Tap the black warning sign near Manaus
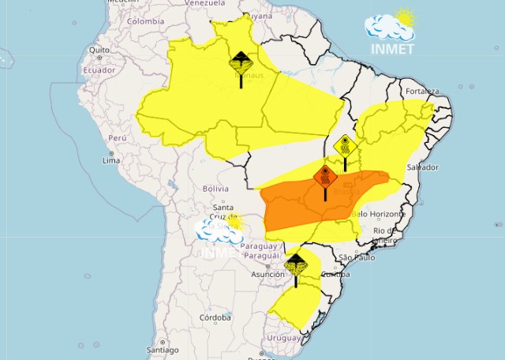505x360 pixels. [x=241, y=62]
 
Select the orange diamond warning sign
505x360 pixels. [x=324, y=176]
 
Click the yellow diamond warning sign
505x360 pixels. [x=345, y=146]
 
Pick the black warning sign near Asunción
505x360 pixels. [x=296, y=264]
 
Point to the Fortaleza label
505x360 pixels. [x=422, y=91]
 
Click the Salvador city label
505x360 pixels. [x=422, y=168]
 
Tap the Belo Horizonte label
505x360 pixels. [x=379, y=214]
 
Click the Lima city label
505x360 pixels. [x=110, y=160]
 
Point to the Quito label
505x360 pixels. [x=99, y=50]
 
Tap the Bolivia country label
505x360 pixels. [x=215, y=189]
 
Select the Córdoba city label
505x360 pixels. [x=215, y=317]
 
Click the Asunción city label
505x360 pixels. [x=267, y=275]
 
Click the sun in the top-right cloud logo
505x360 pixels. [x=406, y=17]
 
